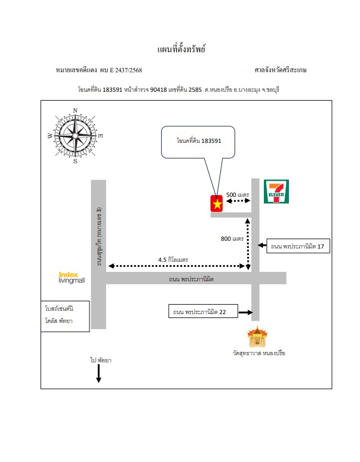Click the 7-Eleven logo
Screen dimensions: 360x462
tap(276, 191)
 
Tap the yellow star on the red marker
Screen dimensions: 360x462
tap(217, 204)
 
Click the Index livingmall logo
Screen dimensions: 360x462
tap(72, 277)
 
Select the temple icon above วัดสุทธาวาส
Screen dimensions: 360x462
tap(258, 336)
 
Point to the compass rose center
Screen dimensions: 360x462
tap(76, 136)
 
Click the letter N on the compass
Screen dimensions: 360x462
tap(75, 111)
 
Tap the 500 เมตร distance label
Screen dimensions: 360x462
tap(238, 195)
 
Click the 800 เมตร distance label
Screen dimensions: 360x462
tap(232, 239)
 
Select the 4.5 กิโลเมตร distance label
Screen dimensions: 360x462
tap(173, 260)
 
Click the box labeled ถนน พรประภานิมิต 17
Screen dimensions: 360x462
tap(298, 246)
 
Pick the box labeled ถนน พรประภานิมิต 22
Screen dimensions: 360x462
tap(203, 311)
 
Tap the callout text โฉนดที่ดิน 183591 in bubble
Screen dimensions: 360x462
tap(199, 141)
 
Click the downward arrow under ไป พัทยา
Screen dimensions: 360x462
tap(98, 374)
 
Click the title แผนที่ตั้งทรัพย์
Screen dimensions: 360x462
tap(181, 49)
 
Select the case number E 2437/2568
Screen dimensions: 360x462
tap(126, 70)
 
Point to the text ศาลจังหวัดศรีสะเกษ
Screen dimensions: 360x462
tap(281, 70)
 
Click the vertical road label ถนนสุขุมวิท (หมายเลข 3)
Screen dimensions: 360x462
tap(99, 236)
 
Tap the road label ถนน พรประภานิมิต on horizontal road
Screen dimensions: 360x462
tap(191, 279)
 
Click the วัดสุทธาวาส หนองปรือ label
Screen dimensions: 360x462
tap(259, 353)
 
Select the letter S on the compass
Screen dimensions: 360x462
tap(75, 161)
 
